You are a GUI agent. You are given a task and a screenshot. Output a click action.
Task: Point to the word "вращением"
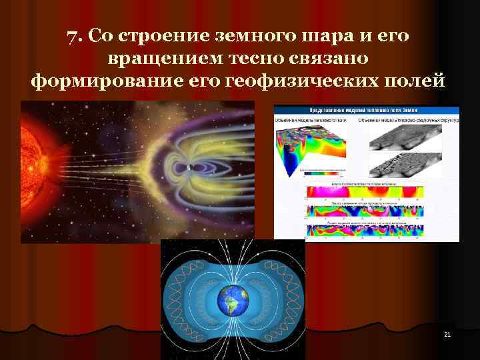162,59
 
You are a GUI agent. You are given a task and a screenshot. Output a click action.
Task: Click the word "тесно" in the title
258,59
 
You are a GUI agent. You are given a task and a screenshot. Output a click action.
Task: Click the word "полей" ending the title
413,82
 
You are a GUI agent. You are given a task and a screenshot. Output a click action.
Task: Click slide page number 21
447,334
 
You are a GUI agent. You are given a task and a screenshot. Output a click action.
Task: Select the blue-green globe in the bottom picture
233,303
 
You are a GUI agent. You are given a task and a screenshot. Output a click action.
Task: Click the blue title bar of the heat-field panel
366,110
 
